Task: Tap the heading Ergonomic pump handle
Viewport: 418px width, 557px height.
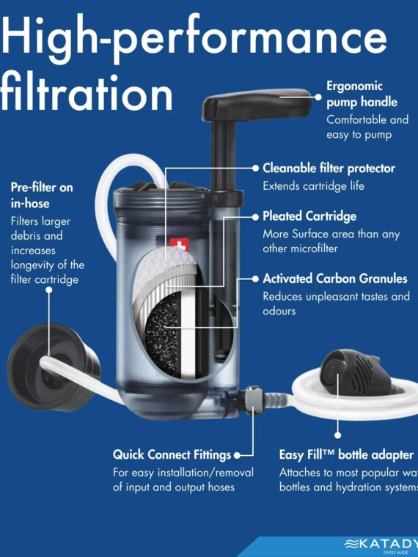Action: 362,95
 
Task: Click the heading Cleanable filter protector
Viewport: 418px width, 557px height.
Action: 329,168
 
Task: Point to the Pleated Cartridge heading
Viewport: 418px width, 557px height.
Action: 309,216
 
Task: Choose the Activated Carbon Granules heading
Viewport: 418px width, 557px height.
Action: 334,278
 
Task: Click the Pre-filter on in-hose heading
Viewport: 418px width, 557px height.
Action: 42,194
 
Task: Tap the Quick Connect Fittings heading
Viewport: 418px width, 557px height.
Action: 172,454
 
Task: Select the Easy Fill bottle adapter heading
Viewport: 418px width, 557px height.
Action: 346,454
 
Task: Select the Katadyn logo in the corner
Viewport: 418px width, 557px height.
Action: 381,543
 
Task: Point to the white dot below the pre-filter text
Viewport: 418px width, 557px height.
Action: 49,290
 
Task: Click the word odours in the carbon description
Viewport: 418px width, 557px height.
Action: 279,311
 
